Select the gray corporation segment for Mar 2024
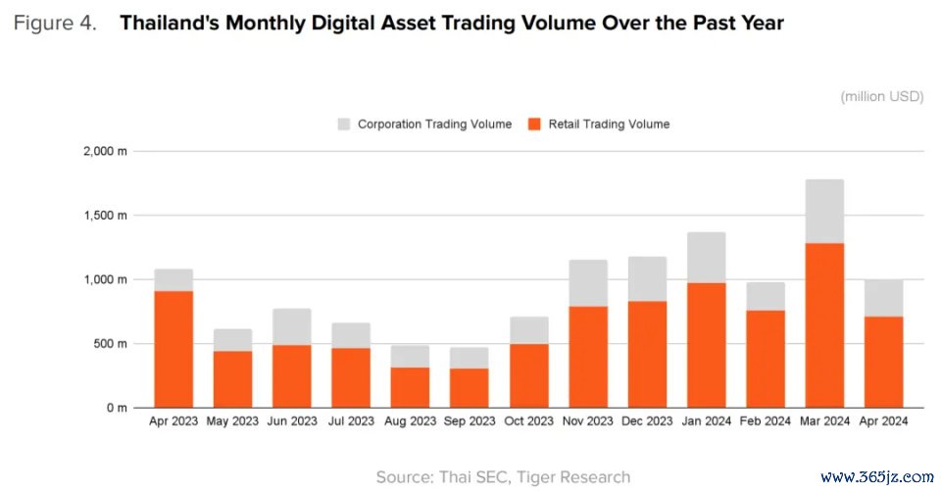[x=824, y=212]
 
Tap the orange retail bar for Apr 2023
[x=173, y=349]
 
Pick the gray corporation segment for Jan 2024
[x=706, y=258]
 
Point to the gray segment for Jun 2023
[x=292, y=326]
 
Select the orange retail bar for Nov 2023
[x=588, y=357]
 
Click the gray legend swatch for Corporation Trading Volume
[x=344, y=124]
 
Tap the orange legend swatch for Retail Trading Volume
[x=534, y=124]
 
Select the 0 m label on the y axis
[x=116, y=408]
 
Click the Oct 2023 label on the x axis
[x=528, y=421]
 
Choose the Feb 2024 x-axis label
[x=766, y=421]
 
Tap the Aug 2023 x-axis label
[x=410, y=421]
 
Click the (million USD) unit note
[x=881, y=96]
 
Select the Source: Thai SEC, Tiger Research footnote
[x=503, y=477]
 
